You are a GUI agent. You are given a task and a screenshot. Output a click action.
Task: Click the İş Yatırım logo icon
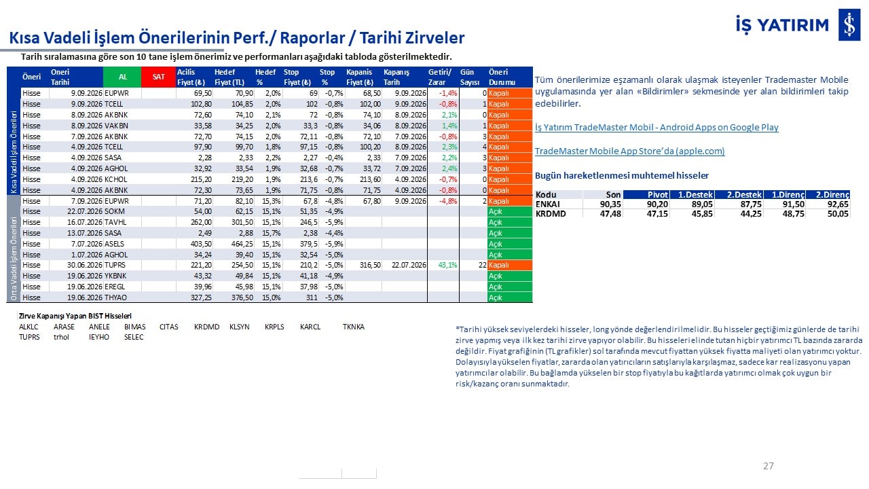click(849, 24)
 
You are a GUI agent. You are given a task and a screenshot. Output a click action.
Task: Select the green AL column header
click(122, 77)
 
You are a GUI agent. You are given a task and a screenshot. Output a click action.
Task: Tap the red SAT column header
click(158, 77)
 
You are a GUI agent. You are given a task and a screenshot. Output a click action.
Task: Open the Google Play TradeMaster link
click(657, 127)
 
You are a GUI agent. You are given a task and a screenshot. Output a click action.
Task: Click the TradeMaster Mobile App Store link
click(629, 151)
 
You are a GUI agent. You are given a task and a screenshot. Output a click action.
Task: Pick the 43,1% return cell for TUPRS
click(447, 265)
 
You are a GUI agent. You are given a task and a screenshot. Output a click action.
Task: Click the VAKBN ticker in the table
click(116, 126)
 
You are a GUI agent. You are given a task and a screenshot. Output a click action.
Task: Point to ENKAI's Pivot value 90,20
click(657, 204)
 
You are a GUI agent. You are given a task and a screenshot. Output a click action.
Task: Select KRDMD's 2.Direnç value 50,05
click(838, 214)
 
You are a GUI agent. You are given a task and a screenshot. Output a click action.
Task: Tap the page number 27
click(768, 466)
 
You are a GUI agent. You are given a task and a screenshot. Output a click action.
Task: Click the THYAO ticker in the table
click(115, 297)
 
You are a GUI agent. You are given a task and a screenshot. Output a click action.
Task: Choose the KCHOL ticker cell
click(115, 179)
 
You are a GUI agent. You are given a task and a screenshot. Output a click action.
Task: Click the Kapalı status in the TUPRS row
click(498, 265)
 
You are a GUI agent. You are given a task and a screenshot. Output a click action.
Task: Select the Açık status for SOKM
click(496, 211)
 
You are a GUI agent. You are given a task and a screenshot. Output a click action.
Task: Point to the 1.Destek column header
click(695, 194)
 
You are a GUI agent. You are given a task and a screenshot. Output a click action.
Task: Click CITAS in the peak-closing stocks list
click(169, 327)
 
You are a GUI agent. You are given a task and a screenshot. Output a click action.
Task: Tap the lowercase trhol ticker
click(61, 337)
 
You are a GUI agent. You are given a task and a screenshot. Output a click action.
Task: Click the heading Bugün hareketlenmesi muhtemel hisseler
click(621, 175)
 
